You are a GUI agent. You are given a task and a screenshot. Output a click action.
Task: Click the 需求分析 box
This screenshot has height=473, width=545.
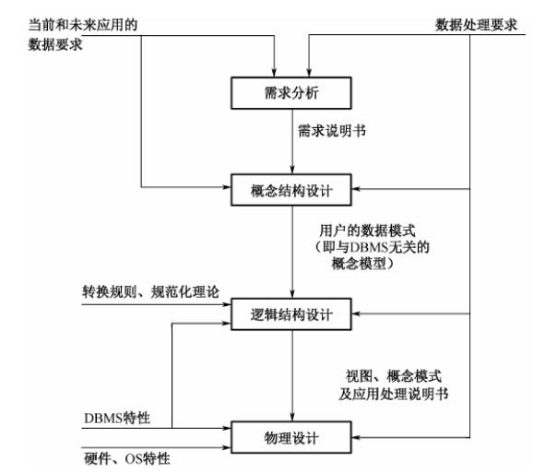coord(291,93)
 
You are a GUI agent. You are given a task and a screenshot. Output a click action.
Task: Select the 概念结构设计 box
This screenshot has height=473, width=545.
coord(291,190)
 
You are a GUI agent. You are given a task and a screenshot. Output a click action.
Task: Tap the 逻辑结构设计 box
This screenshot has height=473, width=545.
coord(291,314)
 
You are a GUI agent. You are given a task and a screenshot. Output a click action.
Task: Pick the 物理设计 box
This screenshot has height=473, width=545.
coord(291,437)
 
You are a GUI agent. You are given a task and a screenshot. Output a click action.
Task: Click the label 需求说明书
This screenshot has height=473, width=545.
coord(332,131)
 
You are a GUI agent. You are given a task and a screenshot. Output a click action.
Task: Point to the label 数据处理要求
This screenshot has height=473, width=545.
coord(476,25)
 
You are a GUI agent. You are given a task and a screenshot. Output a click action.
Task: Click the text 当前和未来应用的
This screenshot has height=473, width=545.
coord(83,25)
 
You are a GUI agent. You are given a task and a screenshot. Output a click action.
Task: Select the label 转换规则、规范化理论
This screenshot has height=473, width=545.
coord(150,292)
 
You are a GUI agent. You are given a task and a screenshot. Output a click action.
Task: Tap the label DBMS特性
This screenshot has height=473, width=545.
coord(117,418)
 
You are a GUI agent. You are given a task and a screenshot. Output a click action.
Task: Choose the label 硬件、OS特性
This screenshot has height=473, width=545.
coord(127,459)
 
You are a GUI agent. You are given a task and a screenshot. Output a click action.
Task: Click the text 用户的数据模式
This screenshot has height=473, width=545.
coord(367,231)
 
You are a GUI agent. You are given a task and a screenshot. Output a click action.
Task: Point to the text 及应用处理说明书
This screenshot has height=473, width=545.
coord(394,394)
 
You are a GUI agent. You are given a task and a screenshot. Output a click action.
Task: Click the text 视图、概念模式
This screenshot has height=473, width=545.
coord(394,376)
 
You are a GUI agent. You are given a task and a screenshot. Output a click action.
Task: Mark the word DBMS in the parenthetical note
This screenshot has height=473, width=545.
coord(369,247)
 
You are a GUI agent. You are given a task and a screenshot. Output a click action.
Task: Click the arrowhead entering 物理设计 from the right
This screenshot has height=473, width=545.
coord(356,437)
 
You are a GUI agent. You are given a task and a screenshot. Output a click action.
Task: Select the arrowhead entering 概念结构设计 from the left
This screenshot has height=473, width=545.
coord(227,187)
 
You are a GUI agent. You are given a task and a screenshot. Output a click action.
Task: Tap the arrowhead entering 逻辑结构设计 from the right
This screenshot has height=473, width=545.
coord(356,313)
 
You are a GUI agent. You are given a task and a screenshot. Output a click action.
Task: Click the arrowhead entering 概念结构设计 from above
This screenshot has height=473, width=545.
coord(292,170)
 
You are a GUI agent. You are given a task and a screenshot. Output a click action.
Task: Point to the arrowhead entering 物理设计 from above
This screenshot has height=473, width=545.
coord(292,417)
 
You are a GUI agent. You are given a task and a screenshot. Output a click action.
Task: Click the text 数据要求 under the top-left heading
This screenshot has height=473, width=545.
coord(55,44)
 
